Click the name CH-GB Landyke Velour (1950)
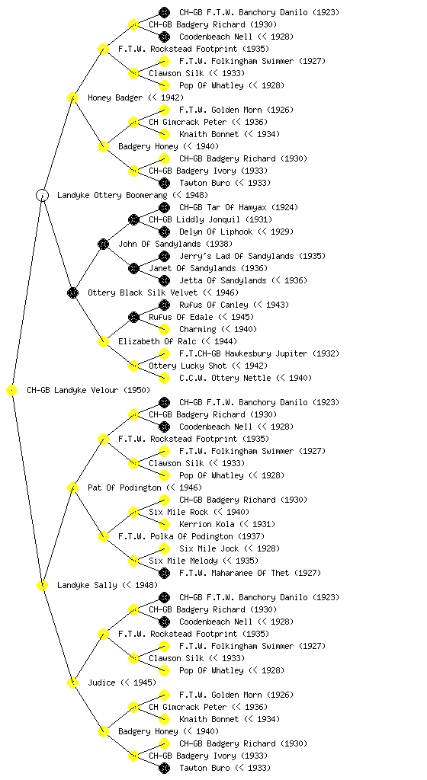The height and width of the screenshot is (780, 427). click(x=88, y=390)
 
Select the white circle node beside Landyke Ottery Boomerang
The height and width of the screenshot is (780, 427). click(x=42, y=195)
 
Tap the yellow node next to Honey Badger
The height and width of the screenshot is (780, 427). click(x=72, y=97)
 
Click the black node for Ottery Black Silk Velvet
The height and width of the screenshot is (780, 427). click(x=72, y=292)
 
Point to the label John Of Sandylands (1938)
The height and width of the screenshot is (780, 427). click(x=175, y=244)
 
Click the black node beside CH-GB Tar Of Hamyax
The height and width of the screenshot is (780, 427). click(x=164, y=207)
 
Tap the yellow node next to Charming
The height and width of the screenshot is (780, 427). click(x=164, y=329)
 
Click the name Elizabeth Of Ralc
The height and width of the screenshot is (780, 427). click(x=156, y=341)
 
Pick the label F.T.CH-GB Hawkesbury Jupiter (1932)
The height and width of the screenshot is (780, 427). click(x=259, y=353)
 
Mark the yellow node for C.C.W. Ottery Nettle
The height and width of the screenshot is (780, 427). click(x=164, y=378)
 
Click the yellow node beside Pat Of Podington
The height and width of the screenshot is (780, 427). click(x=72, y=487)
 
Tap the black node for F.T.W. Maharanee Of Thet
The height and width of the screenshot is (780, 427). click(x=164, y=573)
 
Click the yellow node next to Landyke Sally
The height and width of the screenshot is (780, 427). click(x=42, y=585)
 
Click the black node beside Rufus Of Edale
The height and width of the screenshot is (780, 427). click(x=133, y=317)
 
